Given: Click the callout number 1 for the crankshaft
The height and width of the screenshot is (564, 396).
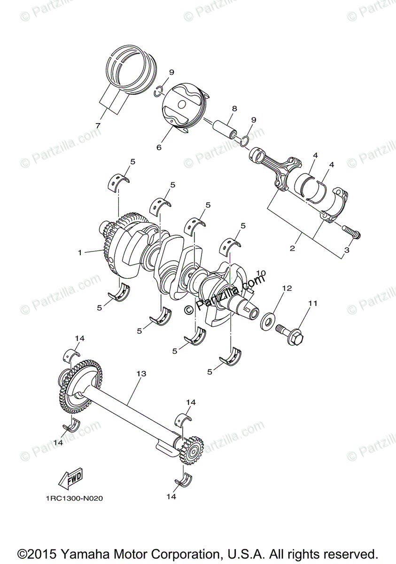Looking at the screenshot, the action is pos(80,252).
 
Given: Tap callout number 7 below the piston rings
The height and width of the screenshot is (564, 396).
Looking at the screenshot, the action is pos(98,125).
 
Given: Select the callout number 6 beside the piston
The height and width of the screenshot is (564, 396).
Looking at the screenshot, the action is pos(159,147).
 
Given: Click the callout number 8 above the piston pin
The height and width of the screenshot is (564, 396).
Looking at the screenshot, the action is pos(234,109).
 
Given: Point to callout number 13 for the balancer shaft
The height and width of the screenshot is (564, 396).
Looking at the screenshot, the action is pos(141,374).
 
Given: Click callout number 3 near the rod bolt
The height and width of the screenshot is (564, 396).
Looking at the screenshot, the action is pos(347,250).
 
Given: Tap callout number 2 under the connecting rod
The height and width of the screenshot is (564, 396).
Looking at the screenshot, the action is pos(292,248).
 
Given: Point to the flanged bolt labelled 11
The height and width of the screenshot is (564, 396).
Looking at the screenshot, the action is pos(291,335).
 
